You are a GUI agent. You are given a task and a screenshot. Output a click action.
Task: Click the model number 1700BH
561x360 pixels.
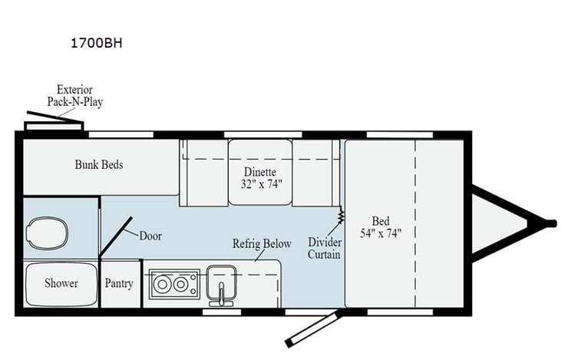click(95, 43)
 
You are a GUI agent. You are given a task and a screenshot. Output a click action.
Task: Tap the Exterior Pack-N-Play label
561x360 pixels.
click(80, 96)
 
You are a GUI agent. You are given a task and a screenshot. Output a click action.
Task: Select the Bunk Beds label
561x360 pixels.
click(98, 164)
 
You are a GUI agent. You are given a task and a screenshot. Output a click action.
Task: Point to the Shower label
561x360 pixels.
click(61, 283)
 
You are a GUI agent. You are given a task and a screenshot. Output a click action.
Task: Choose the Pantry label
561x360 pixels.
click(119, 283)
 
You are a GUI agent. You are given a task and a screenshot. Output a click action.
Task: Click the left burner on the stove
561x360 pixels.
click(162, 286)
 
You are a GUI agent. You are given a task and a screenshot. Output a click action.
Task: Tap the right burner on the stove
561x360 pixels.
click(182, 286)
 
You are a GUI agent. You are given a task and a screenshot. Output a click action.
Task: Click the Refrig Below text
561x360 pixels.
click(262, 244)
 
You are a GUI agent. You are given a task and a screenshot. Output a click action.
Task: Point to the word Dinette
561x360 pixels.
click(260, 172)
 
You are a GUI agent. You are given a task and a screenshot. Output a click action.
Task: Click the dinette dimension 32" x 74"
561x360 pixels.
click(260, 184)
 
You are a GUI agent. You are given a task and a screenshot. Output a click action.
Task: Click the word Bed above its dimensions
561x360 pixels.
click(381, 218)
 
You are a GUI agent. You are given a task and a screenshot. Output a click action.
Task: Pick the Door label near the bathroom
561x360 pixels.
click(150, 236)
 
